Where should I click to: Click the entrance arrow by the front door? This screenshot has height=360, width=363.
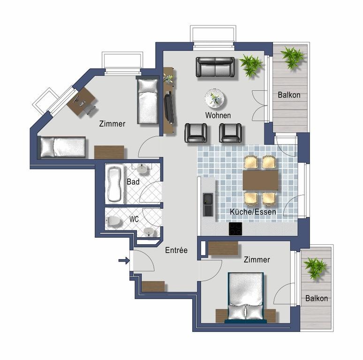[x=124, y=261]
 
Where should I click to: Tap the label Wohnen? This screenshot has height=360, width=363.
[x=218, y=115]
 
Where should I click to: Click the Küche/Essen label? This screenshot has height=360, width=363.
[x=253, y=212]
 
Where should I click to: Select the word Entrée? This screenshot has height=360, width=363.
[x=176, y=250]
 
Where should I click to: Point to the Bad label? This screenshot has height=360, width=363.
[x=133, y=182]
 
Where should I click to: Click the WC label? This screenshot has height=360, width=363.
[x=134, y=219]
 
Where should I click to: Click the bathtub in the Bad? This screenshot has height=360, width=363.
[x=115, y=184]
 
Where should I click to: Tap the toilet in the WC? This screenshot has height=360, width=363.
[x=114, y=221]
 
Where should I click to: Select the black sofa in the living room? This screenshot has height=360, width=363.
[x=215, y=67]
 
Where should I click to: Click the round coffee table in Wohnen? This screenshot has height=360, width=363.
[x=215, y=98]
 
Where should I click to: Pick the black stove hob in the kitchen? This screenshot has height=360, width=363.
[x=235, y=229]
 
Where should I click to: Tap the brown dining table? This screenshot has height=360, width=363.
[x=260, y=180]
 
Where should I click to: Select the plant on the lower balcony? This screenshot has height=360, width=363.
[x=314, y=268]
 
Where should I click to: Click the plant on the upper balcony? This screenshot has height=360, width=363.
[x=292, y=57]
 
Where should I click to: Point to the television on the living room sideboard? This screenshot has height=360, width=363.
[x=169, y=107]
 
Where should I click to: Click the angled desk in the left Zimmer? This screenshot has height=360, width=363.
[x=81, y=102]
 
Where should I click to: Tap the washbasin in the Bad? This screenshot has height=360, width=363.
[x=142, y=169]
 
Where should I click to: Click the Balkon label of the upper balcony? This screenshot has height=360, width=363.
[x=289, y=95]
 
